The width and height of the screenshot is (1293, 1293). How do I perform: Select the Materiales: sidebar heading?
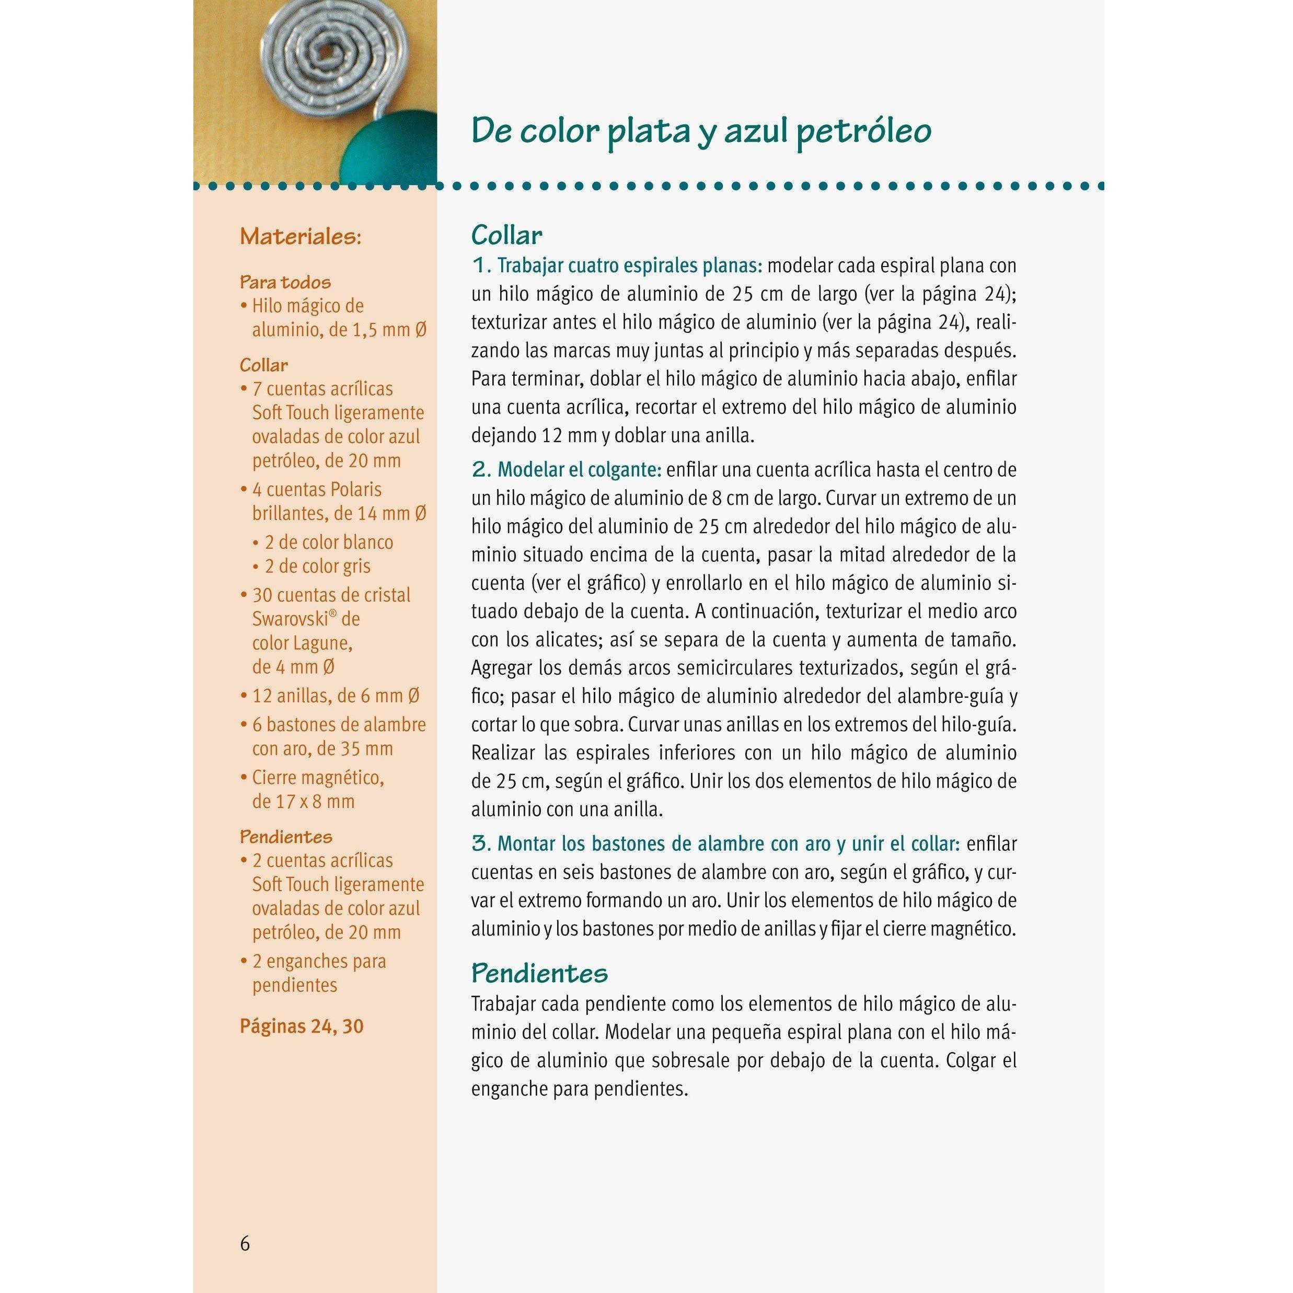(301, 236)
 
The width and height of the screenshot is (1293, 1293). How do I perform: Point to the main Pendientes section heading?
(539, 973)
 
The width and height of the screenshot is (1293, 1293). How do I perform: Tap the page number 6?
(245, 1243)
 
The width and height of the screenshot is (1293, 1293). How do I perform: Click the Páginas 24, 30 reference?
(301, 1026)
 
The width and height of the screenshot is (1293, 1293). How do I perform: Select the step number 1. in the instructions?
(482, 265)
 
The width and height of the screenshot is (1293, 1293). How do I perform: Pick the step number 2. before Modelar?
(482, 470)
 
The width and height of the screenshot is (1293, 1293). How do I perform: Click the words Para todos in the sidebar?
(285, 282)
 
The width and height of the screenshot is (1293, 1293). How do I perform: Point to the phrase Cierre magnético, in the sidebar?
(318, 777)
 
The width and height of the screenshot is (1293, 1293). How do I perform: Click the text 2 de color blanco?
(329, 541)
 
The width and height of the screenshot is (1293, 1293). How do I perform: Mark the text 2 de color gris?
(317, 565)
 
